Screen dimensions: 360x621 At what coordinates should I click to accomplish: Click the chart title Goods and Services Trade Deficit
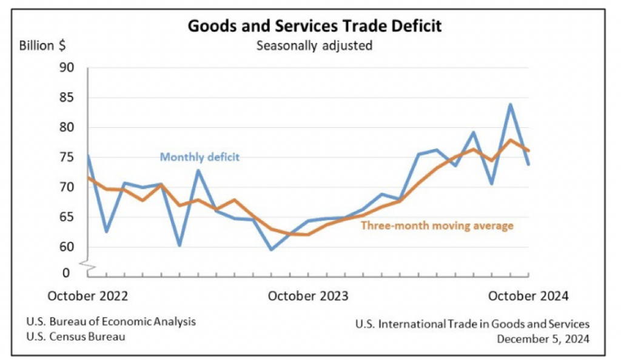314,26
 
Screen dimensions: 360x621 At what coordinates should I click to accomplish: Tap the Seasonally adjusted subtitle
314,45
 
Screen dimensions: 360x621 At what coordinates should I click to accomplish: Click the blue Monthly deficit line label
200,158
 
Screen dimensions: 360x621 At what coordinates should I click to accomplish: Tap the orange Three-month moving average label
437,226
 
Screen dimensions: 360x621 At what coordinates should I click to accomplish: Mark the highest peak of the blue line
511,104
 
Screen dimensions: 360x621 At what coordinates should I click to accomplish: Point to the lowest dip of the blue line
271,249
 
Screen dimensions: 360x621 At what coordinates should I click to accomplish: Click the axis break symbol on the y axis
86,265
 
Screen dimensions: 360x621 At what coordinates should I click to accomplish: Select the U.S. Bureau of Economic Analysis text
111,322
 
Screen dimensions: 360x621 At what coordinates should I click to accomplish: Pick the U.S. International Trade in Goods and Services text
472,324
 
